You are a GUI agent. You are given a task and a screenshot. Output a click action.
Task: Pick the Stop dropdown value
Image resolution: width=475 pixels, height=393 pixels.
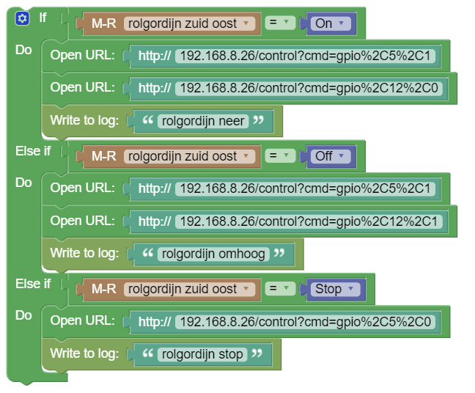tap(336, 289)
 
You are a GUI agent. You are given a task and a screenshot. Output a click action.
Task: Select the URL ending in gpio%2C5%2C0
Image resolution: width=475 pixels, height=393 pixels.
tap(306, 321)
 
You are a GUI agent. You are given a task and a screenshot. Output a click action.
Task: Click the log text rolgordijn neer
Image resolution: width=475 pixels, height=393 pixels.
tap(204, 121)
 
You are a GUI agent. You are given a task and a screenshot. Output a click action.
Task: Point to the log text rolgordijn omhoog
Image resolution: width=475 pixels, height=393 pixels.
tap(214, 254)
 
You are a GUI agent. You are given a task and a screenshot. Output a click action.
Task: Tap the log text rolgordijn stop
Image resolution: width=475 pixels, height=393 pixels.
tap(202, 354)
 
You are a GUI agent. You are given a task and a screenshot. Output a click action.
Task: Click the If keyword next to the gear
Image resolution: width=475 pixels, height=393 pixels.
tap(43, 17)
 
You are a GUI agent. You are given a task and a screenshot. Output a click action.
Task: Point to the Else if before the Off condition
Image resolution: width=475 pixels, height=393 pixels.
tap(33, 150)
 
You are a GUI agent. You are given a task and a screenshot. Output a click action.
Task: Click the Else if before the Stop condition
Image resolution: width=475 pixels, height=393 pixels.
tap(33, 283)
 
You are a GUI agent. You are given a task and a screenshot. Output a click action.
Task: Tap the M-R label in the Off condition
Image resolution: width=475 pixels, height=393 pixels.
tap(104, 156)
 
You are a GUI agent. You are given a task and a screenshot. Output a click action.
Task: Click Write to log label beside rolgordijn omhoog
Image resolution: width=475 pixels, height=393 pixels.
tap(84, 254)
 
